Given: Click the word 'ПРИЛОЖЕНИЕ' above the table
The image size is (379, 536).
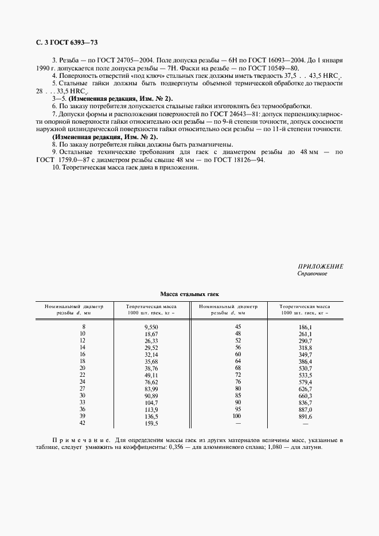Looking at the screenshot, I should pyautogui.click(x=321, y=267).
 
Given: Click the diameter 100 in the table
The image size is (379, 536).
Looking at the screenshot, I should pyautogui.click(x=237, y=416).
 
